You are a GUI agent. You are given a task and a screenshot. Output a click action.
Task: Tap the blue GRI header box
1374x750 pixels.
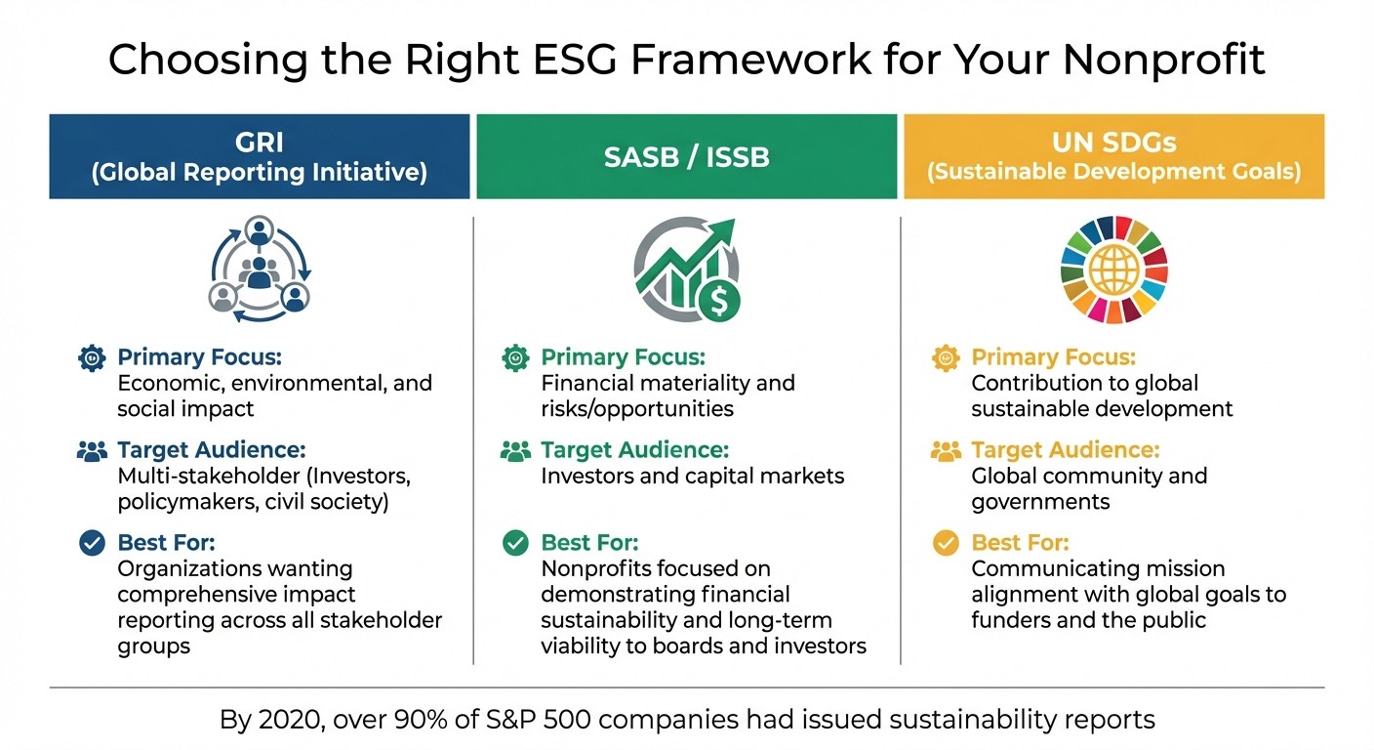point(260,156)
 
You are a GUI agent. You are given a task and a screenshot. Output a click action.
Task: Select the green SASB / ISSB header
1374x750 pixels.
point(686,156)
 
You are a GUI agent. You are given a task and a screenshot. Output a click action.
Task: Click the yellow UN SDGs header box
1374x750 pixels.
point(1113,156)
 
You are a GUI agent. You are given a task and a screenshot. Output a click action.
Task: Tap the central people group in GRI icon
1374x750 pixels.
point(259,271)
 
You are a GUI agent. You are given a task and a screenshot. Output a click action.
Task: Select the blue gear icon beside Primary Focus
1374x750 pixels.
point(92,358)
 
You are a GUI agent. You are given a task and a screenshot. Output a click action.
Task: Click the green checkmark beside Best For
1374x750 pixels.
point(515,543)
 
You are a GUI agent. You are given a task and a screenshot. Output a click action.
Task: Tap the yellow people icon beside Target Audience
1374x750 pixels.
point(946,451)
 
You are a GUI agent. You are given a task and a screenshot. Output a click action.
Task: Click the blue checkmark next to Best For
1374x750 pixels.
point(92,543)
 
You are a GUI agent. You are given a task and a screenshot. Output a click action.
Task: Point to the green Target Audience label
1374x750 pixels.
point(634,450)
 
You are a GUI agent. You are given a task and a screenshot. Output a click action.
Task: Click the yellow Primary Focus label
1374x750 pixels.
point(1053,357)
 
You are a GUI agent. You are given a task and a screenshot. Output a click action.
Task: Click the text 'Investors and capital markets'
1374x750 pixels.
point(692,477)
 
